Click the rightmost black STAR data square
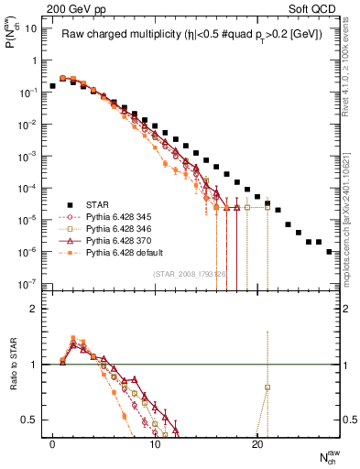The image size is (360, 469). [329, 251]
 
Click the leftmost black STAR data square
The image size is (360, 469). [52, 86]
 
